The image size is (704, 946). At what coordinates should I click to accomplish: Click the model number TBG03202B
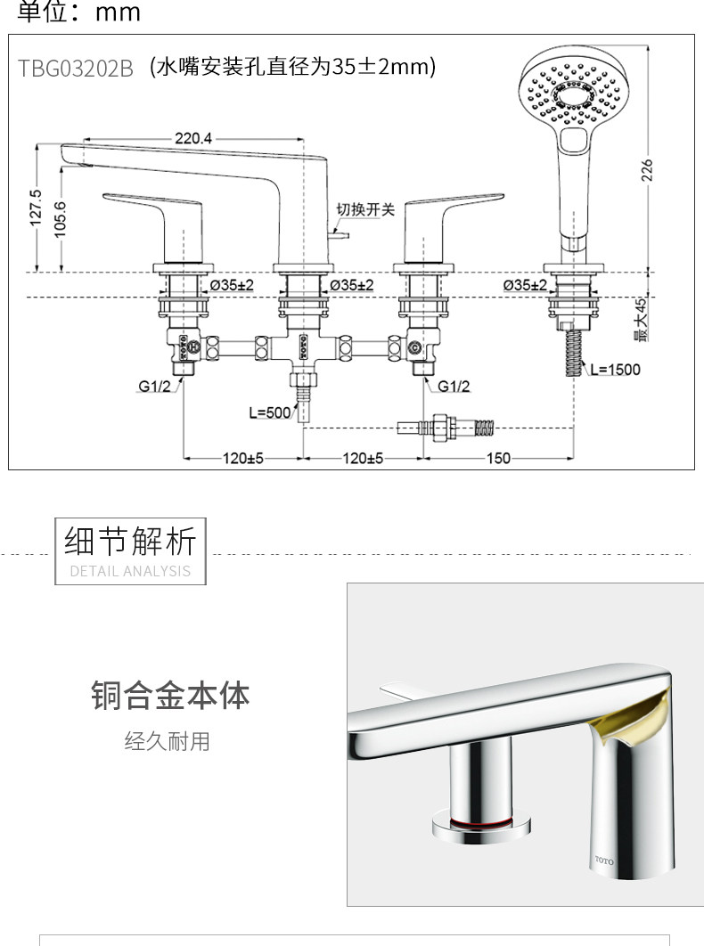(x=76, y=69)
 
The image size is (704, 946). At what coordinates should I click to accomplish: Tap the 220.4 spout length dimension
(x=193, y=138)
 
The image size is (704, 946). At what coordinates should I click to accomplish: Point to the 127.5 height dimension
(x=36, y=208)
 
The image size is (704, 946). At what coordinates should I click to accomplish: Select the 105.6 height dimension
(x=60, y=220)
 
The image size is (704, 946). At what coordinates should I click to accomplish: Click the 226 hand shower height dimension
(x=647, y=170)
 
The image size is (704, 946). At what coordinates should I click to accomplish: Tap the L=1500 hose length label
(x=615, y=370)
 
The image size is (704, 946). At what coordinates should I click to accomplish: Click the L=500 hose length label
(x=270, y=412)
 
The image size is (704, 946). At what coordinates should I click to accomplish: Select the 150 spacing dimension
(x=498, y=459)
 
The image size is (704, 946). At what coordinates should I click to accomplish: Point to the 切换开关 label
(x=365, y=209)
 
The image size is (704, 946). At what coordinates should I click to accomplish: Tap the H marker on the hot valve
(x=193, y=347)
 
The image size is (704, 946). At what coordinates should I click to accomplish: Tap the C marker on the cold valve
(x=414, y=347)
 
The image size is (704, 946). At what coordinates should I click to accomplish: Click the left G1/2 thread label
(x=154, y=386)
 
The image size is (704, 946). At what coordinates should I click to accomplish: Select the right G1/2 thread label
(x=454, y=386)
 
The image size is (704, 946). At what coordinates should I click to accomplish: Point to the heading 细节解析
(x=130, y=541)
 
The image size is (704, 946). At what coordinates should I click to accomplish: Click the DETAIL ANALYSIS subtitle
(x=130, y=571)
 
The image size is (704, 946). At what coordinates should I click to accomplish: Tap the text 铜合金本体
(x=170, y=695)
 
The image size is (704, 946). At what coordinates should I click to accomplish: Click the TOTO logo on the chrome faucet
(x=604, y=860)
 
